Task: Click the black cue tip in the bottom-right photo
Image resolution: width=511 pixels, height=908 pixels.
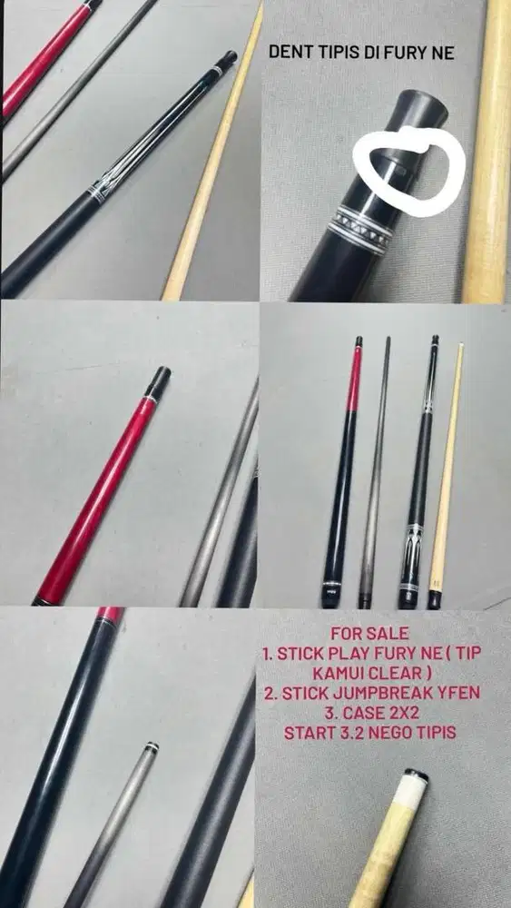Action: [416, 775]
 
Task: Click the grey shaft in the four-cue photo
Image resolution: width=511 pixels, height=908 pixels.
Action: [374, 472]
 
